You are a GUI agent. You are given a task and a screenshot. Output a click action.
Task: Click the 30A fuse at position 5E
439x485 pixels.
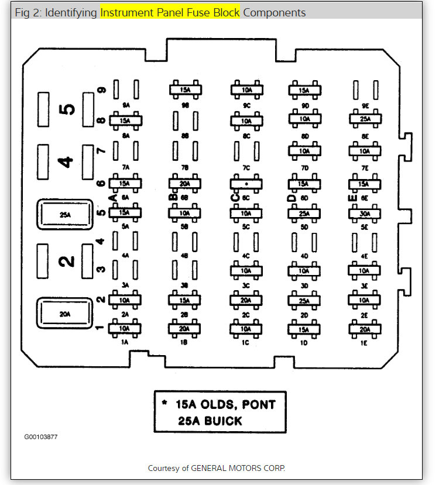point(365,214)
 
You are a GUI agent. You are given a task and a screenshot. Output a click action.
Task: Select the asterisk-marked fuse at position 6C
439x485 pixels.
point(246,184)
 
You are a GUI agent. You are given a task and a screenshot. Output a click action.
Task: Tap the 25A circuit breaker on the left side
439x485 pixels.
point(64,215)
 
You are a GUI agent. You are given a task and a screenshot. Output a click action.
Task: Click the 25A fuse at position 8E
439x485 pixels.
point(365,119)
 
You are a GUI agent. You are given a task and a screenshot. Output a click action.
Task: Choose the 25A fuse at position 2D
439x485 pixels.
point(304,301)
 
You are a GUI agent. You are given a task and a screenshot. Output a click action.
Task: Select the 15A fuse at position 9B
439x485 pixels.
point(186,90)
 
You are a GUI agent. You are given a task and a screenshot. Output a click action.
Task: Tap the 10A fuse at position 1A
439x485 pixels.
point(124,329)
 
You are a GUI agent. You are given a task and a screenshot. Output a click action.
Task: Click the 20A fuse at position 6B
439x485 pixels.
point(186,184)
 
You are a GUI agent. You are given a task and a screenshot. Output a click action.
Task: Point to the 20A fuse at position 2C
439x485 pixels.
point(246,301)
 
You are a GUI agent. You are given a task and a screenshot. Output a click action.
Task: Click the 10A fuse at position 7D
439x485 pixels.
point(304,151)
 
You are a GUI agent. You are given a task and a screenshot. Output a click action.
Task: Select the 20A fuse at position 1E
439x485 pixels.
point(365,329)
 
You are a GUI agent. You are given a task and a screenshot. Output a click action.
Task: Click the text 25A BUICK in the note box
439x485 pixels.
point(210,421)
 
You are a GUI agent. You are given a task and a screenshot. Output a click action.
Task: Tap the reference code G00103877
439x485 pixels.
point(41,436)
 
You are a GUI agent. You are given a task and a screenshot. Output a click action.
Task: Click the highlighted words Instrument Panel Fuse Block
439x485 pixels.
point(170,12)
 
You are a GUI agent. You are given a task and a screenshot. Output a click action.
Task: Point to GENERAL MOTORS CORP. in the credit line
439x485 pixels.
point(246,468)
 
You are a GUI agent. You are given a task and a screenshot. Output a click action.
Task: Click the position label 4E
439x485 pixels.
point(365,256)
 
